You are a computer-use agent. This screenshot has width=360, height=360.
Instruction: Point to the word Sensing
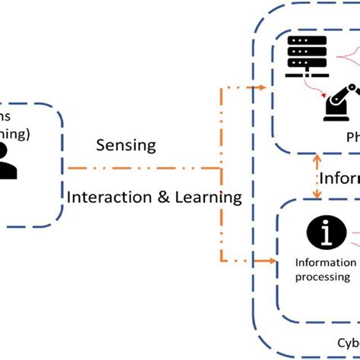[x=126, y=144]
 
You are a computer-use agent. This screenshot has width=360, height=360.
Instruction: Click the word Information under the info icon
[x=325, y=263]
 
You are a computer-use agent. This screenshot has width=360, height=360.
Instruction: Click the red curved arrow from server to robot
[x=312, y=87]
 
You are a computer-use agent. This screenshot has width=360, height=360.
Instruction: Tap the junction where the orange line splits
[x=221, y=169]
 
